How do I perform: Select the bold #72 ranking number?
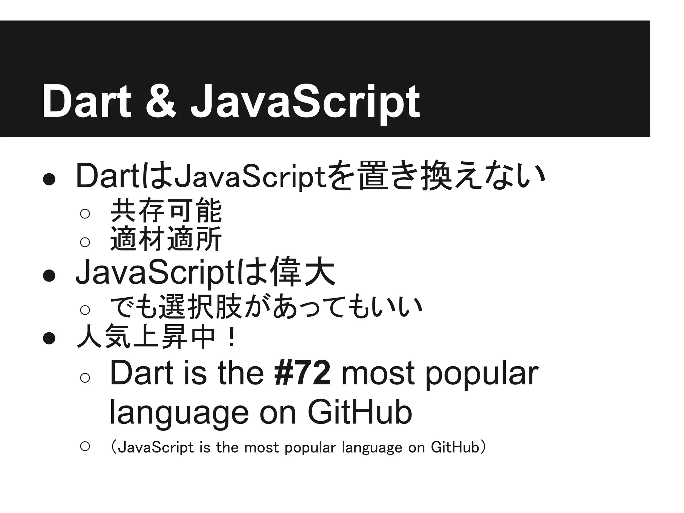pos(303,373)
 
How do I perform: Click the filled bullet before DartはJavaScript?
pos(49,179)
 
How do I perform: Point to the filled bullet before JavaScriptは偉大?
pos(49,276)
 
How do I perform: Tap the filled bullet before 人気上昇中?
pos(49,338)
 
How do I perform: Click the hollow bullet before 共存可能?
pos(85,213)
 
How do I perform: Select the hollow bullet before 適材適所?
pos(85,241)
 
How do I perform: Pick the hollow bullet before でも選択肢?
pos(85,310)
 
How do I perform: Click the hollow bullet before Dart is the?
pos(85,377)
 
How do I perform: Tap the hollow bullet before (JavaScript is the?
pos(85,446)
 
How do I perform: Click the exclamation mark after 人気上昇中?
pos(231,337)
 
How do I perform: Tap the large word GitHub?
pos(360,412)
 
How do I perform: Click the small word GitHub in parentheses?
pos(455,447)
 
